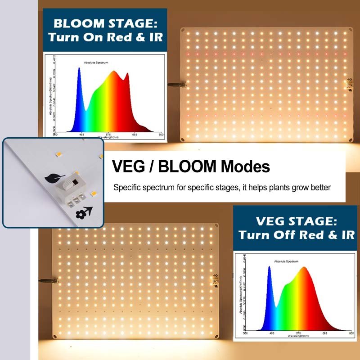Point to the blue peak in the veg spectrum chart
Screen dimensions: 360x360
point(269,269)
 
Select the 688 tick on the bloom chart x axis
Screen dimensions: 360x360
point(135,135)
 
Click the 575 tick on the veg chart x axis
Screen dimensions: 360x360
point(298,333)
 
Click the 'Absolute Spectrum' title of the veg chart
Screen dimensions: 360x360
point(286,261)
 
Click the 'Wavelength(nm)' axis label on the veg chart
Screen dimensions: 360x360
point(299,337)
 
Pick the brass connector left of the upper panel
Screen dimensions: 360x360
point(175,84)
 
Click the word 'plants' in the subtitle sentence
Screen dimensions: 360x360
point(274,187)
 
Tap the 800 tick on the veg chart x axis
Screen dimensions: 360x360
point(351,333)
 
